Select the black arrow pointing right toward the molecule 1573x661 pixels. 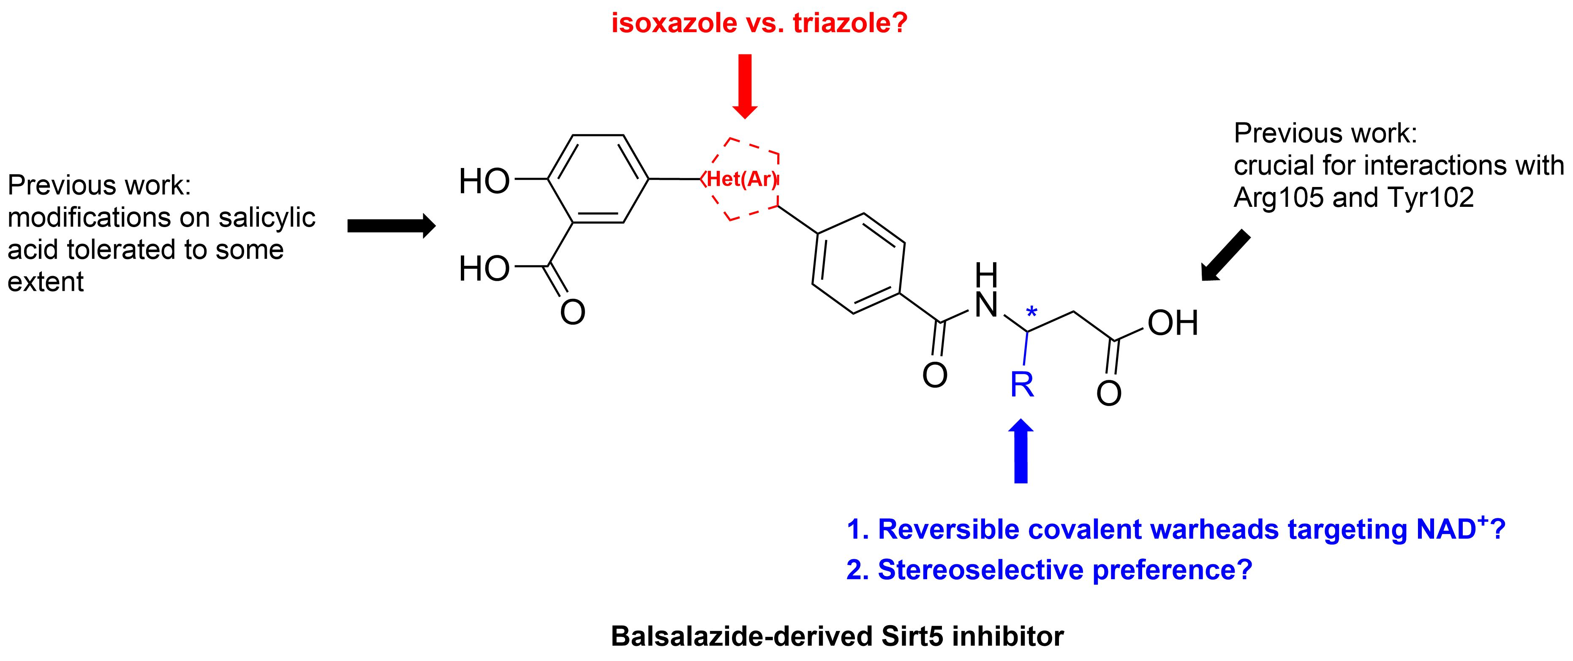coord(391,226)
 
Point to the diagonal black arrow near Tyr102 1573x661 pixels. coord(1225,256)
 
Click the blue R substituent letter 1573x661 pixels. coord(1022,385)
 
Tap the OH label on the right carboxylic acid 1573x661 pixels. coord(1173,323)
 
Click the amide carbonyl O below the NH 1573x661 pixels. coord(935,375)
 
